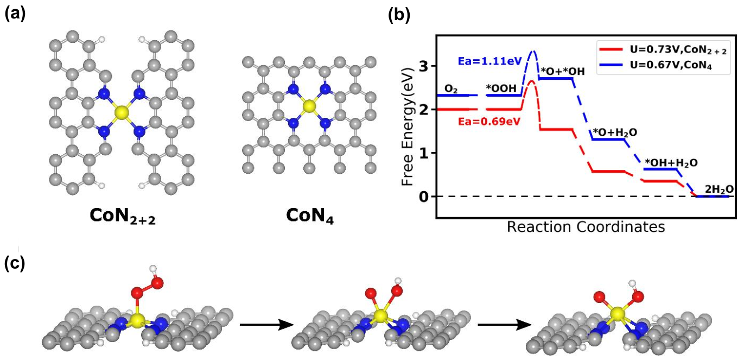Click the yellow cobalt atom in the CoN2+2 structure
pyautogui.click(x=122, y=113)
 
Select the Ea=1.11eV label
pyautogui.click(x=490, y=61)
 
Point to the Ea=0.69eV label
pyautogui.click(x=489, y=122)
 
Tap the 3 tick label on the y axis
pyautogui.click(x=423, y=66)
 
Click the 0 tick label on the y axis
pyautogui.click(x=423, y=197)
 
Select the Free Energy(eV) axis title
pyautogui.click(x=408, y=127)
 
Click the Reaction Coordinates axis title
pyautogui.click(x=586, y=227)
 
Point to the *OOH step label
pyautogui.click(x=501, y=88)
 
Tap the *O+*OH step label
pyautogui.click(x=563, y=71)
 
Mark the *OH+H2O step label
pyautogui.click(x=671, y=163)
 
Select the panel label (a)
pyautogui.click(x=15, y=15)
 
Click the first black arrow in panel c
pyautogui.click(x=266, y=324)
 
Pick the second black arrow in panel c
pyautogui.click(x=505, y=324)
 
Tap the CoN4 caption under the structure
pyautogui.click(x=309, y=216)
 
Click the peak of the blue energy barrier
pyautogui.click(x=533, y=51)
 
